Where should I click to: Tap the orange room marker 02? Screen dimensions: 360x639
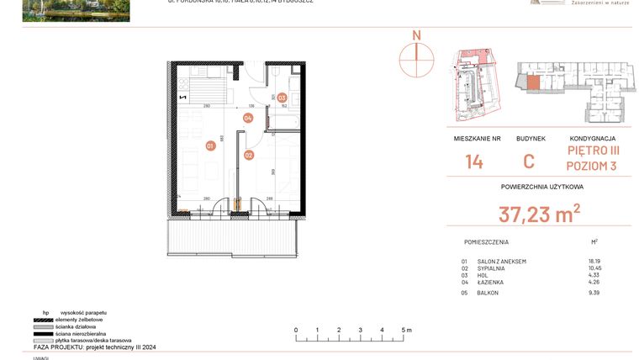point(249,155)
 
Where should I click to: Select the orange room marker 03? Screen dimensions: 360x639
point(283,98)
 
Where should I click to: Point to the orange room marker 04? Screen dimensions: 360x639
point(248,118)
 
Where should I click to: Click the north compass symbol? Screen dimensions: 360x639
point(415,56)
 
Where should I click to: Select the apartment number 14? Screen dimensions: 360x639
point(474,161)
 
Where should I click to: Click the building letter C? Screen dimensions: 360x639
point(529,161)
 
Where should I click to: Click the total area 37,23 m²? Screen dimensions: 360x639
point(539,214)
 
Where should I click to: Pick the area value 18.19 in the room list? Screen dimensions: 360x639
point(595,262)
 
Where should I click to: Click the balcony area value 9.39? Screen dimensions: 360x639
point(595,292)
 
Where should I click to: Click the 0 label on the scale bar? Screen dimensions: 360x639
point(295,330)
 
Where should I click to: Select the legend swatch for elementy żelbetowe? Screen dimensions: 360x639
point(41,320)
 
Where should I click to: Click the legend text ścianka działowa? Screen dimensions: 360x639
point(75,326)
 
